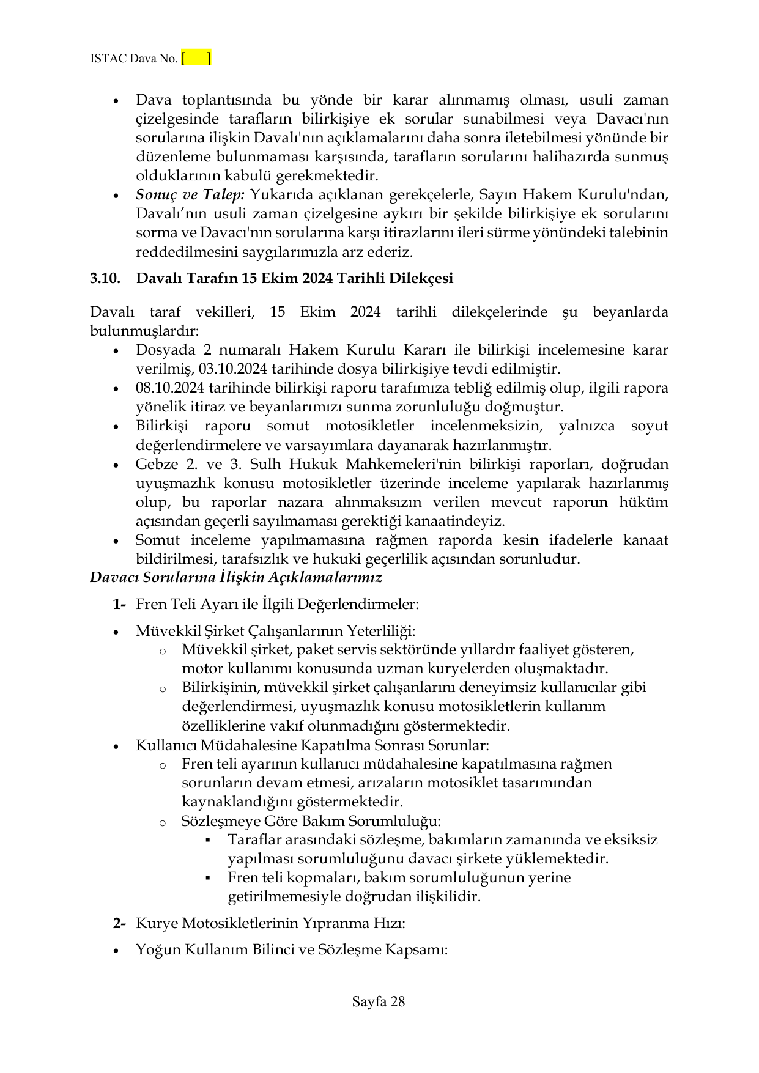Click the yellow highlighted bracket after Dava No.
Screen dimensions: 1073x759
tap(196, 59)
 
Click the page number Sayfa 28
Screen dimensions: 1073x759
tap(379, 1001)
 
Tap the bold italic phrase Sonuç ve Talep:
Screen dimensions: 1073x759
tap(190, 195)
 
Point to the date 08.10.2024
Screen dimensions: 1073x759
tap(170, 388)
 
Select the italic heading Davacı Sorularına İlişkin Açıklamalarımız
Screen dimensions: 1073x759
tap(235, 577)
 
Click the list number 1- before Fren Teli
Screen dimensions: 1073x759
tap(119, 605)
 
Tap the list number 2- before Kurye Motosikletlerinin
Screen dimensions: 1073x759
tap(119, 923)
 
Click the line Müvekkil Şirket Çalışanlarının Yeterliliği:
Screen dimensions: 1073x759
tap(275, 631)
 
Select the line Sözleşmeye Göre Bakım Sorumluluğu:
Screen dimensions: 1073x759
tap(311, 821)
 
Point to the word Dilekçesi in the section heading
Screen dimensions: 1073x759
tap(422, 278)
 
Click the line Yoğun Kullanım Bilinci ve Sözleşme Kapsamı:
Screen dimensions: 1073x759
tap(292, 950)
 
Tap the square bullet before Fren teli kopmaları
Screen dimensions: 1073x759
tap(208, 878)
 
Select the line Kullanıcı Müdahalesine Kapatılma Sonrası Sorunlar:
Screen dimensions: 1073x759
tap(312, 745)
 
